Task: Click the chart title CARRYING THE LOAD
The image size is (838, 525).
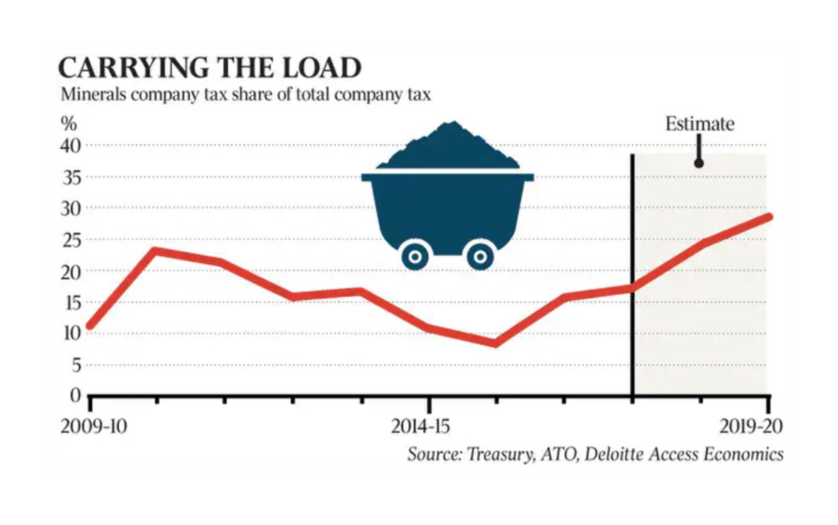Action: (x=209, y=69)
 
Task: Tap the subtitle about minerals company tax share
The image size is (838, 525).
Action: (x=246, y=94)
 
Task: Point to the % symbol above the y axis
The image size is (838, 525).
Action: (x=69, y=125)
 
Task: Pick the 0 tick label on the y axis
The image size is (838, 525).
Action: (x=76, y=395)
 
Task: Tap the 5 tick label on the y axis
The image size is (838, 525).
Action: (x=76, y=365)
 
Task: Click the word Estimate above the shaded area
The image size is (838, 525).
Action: (x=699, y=124)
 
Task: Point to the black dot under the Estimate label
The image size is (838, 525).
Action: (x=698, y=163)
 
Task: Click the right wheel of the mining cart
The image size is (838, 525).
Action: (x=480, y=256)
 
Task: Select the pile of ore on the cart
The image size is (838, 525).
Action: (x=448, y=146)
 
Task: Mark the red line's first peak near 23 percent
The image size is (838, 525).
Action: (x=156, y=252)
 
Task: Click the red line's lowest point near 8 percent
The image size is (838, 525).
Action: (x=495, y=342)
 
